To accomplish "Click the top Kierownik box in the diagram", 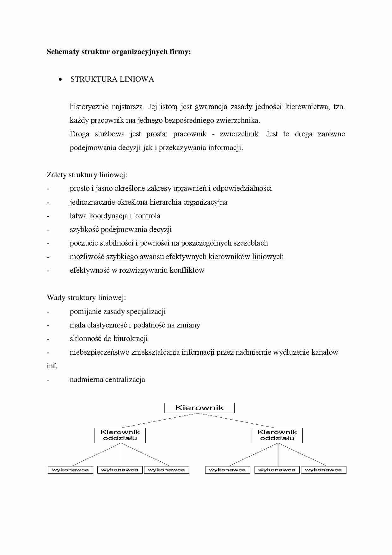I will click(199, 408).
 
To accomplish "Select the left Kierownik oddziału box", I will click(120, 435).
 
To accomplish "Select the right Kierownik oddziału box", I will click(277, 435).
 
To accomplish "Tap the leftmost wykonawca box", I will click(70, 470).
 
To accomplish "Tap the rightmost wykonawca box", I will click(323, 470).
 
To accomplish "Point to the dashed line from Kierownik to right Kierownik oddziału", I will click(237, 421).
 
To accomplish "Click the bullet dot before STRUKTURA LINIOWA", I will click(60, 79).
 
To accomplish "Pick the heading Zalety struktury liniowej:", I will click(87, 175).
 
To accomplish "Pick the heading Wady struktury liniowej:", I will click(86, 297).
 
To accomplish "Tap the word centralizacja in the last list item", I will click(125, 379).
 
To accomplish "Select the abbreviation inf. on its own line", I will click(52, 366).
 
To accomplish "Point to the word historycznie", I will click(89, 107).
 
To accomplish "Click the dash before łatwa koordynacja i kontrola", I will click(48, 216).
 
